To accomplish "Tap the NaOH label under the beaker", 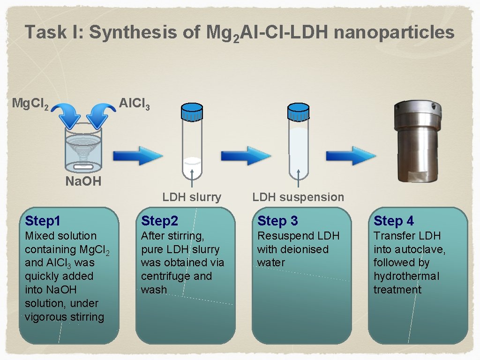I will [83, 181].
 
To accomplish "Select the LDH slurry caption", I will [192, 197].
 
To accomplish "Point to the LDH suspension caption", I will [298, 197].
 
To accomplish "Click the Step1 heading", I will [43, 220].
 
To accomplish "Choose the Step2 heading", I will [160, 220].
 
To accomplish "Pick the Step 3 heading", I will [277, 220].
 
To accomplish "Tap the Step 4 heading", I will [394, 220].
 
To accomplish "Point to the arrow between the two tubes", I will [246, 156].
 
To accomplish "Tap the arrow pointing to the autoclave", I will [351, 156].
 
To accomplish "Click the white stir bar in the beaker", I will [83, 166].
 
